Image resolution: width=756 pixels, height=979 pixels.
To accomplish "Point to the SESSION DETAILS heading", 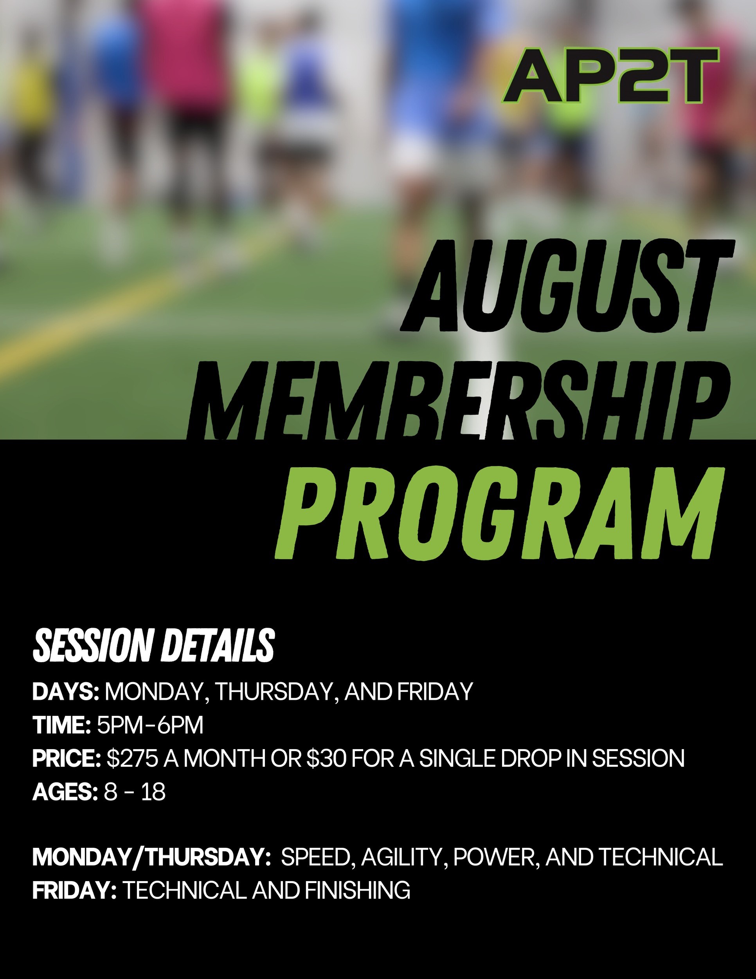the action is point(153,646).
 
